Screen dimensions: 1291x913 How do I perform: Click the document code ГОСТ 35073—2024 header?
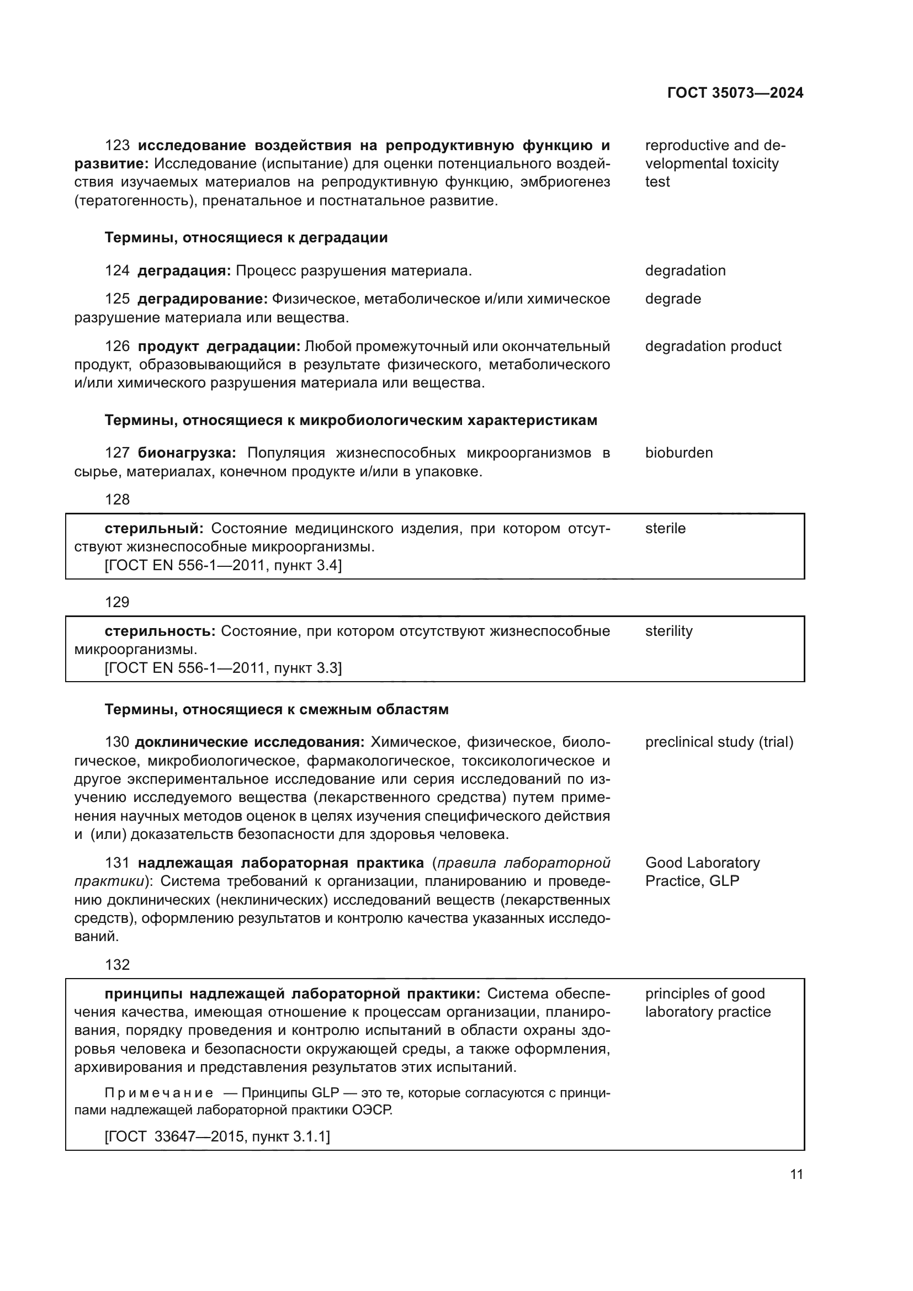tap(735, 93)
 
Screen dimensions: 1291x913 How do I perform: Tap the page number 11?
tap(796, 1174)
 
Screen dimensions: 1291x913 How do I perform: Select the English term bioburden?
tap(678, 453)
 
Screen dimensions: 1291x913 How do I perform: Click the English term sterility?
tap(668, 631)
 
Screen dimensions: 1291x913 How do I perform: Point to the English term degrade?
tap(673, 299)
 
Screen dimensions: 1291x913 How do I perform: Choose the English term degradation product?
tap(713, 346)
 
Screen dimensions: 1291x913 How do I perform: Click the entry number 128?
tap(117, 500)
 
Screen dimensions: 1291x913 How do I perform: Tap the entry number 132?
tap(117, 965)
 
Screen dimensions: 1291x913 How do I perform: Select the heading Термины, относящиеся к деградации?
tap(246, 237)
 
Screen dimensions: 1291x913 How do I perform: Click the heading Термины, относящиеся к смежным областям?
tap(277, 709)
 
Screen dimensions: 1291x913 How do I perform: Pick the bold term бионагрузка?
tap(187, 453)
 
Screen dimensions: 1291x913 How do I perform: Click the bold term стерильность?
tap(160, 631)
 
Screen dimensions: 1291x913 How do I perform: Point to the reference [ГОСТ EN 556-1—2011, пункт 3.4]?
tap(223, 565)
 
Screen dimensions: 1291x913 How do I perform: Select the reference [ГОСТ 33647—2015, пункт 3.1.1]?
tap(217, 1136)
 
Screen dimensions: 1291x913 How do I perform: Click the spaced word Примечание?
tap(159, 1092)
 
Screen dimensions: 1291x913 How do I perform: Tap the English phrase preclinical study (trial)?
tap(719, 742)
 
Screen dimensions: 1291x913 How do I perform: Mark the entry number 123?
tap(117, 145)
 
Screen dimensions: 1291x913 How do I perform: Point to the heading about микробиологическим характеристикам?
tap(351, 420)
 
